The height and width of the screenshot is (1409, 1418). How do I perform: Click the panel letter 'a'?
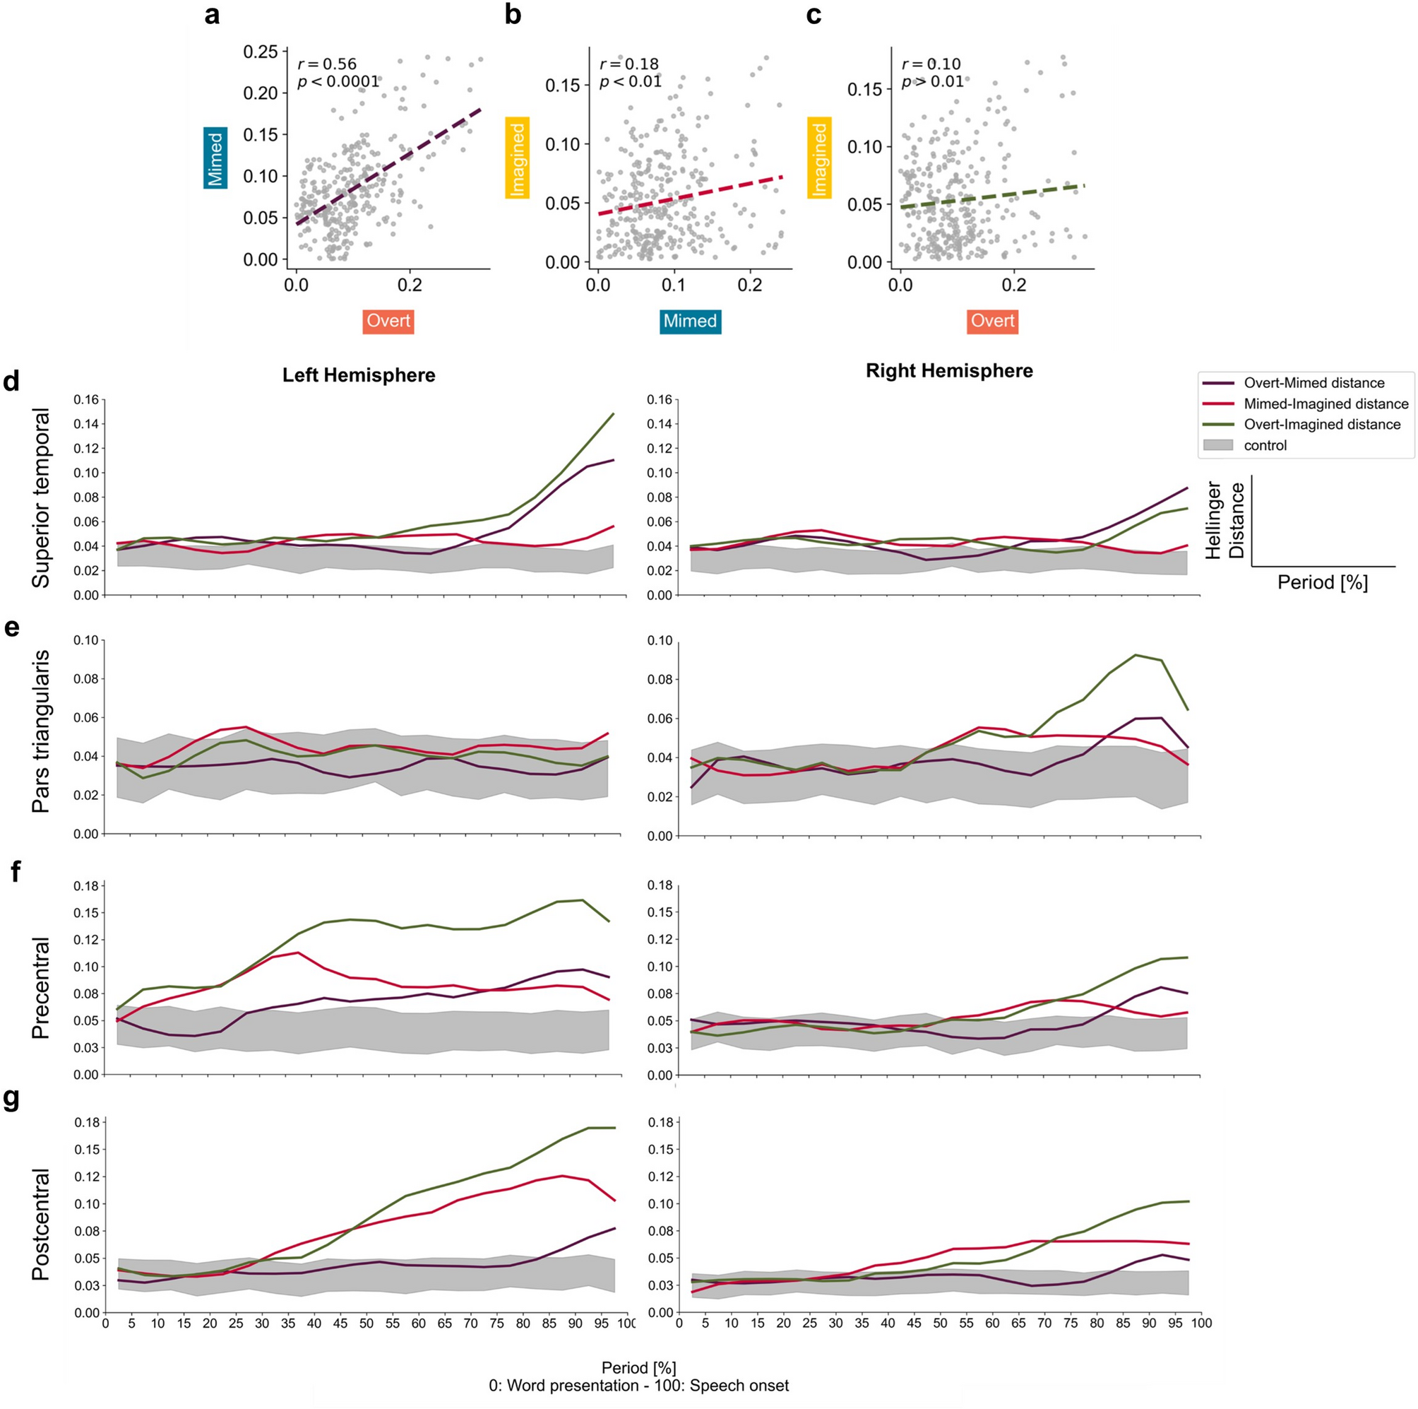212,15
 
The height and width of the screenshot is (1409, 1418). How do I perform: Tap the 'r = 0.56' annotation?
327,64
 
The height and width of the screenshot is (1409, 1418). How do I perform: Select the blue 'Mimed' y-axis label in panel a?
216,158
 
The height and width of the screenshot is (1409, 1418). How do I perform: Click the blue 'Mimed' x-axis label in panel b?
689,321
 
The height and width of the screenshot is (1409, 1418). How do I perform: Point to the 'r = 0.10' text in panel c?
931,64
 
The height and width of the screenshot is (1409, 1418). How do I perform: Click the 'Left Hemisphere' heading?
359,375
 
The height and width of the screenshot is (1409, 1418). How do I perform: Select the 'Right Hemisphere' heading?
949,371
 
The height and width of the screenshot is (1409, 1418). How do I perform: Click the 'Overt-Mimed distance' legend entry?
1313,382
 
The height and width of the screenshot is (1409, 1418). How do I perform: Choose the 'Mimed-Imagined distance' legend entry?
1325,403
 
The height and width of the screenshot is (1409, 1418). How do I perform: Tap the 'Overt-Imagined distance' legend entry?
1322,424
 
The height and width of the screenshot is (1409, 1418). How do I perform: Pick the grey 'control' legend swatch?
1218,445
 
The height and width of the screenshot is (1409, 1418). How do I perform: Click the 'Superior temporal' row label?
41,497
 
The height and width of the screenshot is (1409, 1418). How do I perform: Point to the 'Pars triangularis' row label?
41,731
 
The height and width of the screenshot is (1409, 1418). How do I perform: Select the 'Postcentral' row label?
41,1224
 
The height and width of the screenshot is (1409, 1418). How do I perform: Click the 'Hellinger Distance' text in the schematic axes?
1225,520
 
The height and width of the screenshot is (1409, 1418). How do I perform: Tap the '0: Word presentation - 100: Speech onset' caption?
638,1386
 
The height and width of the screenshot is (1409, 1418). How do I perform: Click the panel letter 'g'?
13,1102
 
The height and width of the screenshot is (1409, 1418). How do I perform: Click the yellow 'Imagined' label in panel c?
819,158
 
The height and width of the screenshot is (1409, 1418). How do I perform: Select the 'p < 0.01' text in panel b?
631,81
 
